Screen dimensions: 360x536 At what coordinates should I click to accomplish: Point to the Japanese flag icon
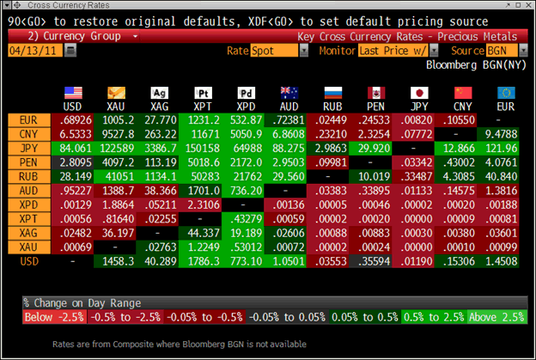[420, 93]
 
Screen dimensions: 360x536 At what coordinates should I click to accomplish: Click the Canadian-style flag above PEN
[376, 93]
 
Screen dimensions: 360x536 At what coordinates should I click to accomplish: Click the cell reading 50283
[202, 175]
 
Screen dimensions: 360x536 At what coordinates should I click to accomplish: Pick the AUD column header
[289, 107]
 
